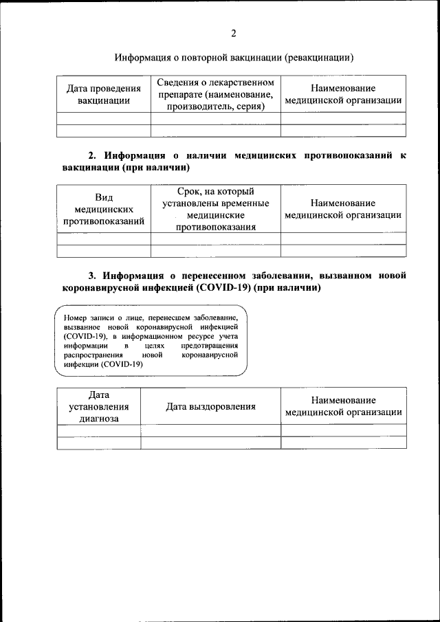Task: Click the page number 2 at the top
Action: (x=233, y=33)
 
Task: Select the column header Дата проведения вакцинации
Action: (x=104, y=94)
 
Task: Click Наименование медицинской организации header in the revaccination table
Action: (x=343, y=94)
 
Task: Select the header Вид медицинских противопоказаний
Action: (x=104, y=209)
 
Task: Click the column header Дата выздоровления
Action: (x=210, y=406)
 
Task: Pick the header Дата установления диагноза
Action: (x=99, y=406)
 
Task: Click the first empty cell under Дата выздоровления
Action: (x=210, y=430)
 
